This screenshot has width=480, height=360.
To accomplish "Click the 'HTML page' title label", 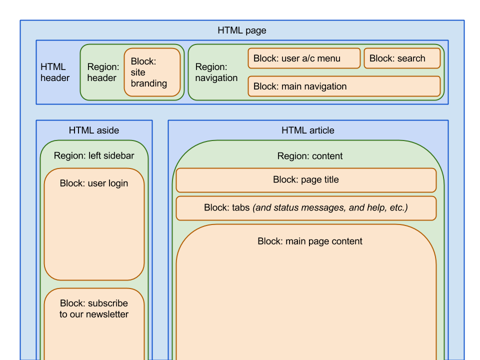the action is (x=242, y=30).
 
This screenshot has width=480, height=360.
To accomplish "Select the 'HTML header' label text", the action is (x=55, y=72).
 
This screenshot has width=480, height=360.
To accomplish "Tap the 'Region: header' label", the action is (x=103, y=72).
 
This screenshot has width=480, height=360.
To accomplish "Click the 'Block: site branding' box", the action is (x=152, y=72).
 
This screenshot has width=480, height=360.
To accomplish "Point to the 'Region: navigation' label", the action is (x=216, y=72).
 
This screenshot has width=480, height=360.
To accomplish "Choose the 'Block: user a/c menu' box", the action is (x=304, y=58).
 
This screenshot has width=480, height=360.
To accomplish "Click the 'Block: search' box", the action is (x=402, y=58).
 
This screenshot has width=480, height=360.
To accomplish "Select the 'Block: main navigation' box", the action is (x=344, y=86).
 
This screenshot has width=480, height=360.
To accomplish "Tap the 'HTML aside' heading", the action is (x=94, y=130).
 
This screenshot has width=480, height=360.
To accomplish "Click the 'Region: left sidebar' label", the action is (x=94, y=156).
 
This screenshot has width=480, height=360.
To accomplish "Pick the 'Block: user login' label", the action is (x=94, y=183).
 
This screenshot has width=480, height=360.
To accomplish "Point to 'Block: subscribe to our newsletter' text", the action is (x=94, y=308).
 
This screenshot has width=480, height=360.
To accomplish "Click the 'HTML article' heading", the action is (x=308, y=130).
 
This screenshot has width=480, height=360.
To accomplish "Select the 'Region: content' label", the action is (x=310, y=156).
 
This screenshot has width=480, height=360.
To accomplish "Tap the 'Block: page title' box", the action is (x=306, y=180).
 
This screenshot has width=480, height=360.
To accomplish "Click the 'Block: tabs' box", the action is (x=306, y=208).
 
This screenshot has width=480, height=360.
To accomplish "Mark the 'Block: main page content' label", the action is (x=310, y=241).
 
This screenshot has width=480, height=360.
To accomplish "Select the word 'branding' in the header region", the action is (x=149, y=83).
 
